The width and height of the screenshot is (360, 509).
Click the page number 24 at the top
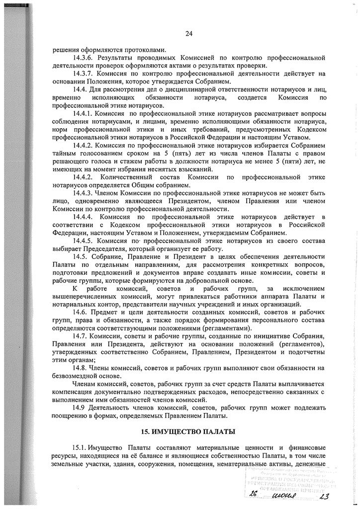pyautogui.click(x=188, y=34)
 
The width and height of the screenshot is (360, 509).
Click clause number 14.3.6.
pyautogui.click(x=85, y=58)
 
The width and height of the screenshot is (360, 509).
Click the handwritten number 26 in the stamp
pyautogui.click(x=254, y=496)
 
